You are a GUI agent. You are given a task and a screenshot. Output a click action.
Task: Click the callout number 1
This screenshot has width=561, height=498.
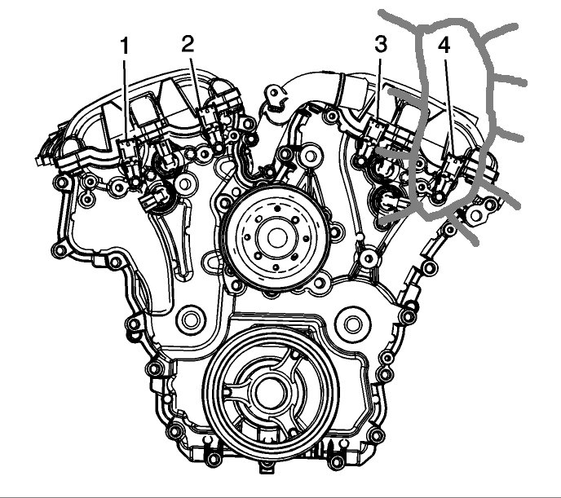coord(124,46)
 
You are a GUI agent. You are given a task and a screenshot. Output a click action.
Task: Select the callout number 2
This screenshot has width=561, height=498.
coord(188,44)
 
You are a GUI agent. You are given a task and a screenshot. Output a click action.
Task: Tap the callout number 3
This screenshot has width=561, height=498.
coord(381,44)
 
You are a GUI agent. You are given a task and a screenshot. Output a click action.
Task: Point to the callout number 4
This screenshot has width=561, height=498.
coord(444,46)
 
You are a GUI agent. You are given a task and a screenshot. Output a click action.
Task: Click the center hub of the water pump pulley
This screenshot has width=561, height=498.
coord(276,237)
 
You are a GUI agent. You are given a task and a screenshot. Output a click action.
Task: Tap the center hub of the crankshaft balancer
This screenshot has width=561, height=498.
coord(270,393)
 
